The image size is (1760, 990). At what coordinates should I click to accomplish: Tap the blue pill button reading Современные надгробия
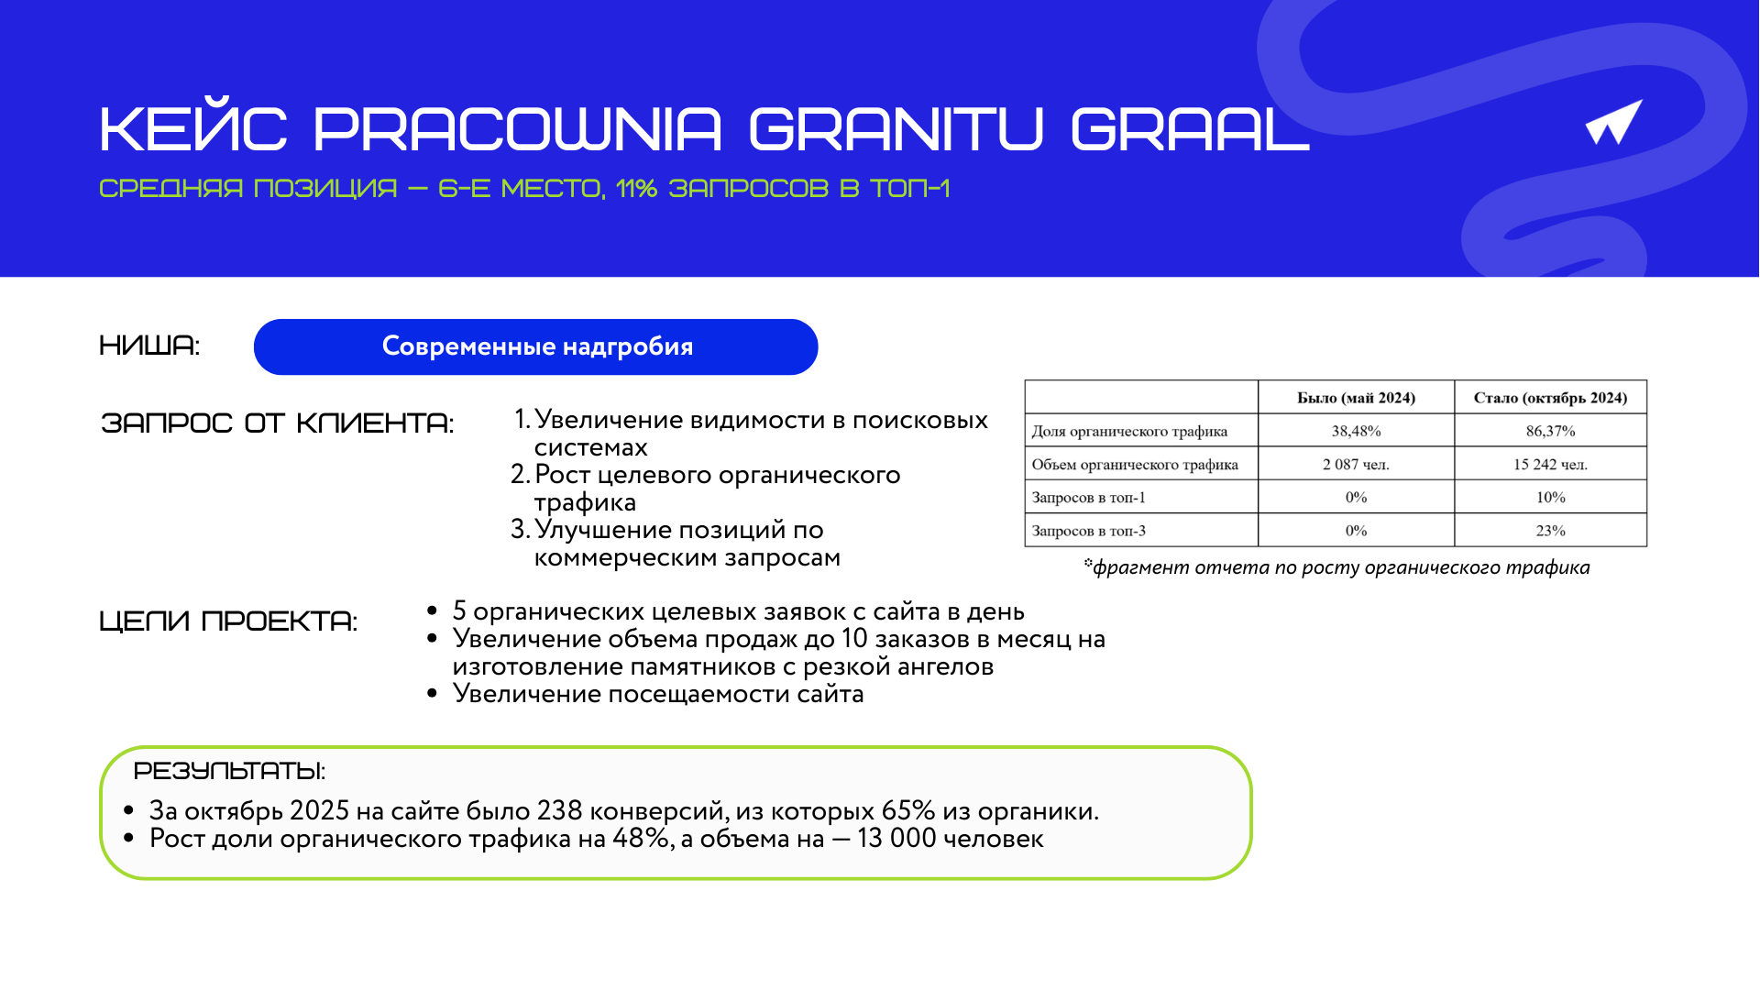coord(535,346)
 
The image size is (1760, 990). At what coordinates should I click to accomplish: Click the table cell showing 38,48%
coord(1356,431)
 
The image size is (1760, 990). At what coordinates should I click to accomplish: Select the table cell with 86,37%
coord(1550,431)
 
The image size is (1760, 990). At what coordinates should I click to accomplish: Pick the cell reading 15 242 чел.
coord(1550,464)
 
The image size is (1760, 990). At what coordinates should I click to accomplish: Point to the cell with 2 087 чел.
coord(1356,464)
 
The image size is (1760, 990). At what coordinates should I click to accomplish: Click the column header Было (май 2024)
coord(1356,398)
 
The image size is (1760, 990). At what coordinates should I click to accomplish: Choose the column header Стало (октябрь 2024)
coord(1550,398)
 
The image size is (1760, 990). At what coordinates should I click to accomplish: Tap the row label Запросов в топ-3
coord(1089,531)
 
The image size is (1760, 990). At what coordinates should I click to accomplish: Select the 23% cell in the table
coord(1550,531)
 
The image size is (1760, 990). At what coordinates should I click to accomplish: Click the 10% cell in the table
coord(1550,497)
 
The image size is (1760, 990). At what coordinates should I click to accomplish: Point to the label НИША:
coord(149,346)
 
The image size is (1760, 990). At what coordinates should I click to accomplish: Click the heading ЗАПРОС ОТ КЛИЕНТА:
coord(278,423)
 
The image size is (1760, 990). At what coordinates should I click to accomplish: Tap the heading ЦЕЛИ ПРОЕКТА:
coord(228,621)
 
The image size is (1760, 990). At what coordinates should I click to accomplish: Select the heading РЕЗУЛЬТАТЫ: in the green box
coord(229,770)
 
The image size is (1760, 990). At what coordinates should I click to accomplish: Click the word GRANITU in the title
coord(896,128)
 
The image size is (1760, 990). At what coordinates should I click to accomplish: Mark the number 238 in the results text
coord(559,810)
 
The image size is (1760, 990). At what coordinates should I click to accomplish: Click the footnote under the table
coord(1336,567)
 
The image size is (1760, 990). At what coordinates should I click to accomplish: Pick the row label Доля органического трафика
coord(1129,432)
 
